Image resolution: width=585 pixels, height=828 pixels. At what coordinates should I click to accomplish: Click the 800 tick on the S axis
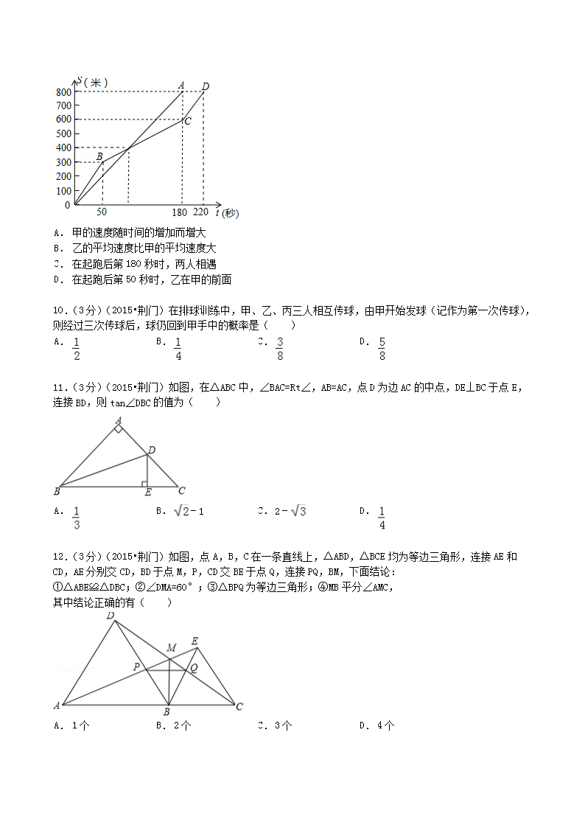coord(63,91)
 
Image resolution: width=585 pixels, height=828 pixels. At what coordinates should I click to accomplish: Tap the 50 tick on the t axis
coord(102,212)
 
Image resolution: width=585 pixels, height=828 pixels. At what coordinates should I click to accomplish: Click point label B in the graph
coord(99,156)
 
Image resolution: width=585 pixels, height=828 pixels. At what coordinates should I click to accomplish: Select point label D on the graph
coord(206,86)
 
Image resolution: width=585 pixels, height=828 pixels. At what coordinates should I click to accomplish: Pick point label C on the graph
coord(188,121)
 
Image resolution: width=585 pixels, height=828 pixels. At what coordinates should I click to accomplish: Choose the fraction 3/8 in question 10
coord(280,349)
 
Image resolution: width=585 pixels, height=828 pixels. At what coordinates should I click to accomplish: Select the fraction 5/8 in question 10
coord(382,349)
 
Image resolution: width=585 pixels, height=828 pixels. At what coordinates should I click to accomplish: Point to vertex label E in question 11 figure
coord(147,493)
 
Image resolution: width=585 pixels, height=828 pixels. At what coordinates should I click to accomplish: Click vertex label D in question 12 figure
coord(111,615)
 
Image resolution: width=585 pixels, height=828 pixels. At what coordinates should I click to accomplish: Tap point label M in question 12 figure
coord(171,648)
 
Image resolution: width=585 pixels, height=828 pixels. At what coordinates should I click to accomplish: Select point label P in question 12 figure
coord(136,667)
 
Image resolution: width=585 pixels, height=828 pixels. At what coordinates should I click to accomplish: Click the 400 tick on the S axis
coord(63,148)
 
